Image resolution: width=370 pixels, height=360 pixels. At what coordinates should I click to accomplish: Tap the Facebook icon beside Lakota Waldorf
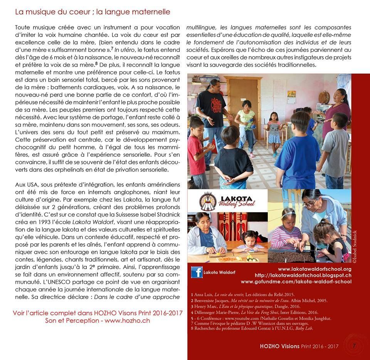[197, 273]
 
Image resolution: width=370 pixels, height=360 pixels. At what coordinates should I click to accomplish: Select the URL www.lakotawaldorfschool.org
[314, 269]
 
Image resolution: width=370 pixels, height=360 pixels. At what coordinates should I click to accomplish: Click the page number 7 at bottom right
[353, 346]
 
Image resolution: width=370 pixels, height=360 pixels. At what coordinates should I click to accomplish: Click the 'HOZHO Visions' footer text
[280, 346]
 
